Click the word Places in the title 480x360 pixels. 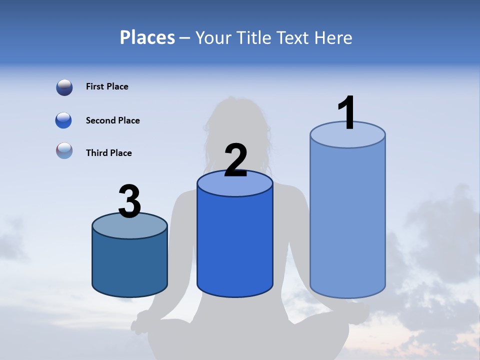tap(147, 37)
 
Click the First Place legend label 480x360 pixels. tap(107, 86)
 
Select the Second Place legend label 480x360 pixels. tap(112, 120)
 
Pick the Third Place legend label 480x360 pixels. tap(108, 153)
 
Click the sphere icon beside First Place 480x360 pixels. tap(64, 87)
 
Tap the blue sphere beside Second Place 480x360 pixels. tap(63, 120)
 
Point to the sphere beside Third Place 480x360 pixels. tap(64, 150)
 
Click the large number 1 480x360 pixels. tap(347, 112)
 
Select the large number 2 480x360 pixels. tap(235, 160)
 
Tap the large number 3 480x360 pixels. tap(129, 201)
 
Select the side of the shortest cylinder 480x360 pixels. tap(129, 265)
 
